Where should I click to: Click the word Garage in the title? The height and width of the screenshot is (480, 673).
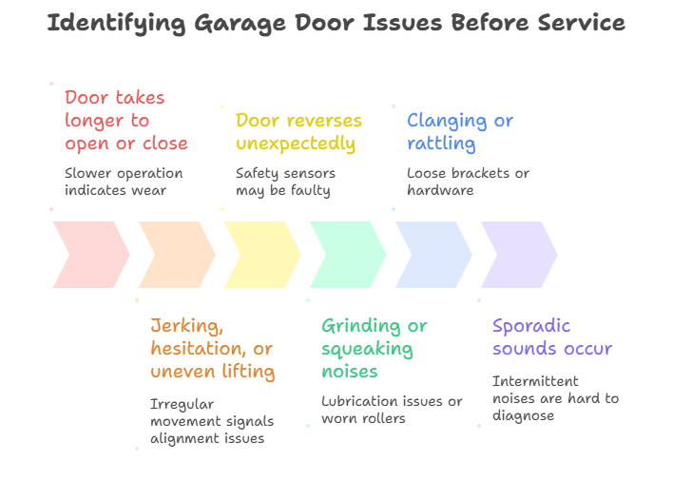240,24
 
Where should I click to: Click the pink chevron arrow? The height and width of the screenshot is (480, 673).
91,255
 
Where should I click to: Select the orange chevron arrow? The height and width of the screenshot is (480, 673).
177,255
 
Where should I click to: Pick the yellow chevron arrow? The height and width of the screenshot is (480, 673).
262,255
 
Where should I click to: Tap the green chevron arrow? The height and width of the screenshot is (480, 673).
348,255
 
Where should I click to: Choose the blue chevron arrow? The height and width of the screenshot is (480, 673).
433,255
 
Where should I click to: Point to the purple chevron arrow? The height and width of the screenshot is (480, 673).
519,255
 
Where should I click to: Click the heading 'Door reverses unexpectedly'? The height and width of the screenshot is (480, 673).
298,132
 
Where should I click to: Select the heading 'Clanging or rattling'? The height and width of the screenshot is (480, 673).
460,132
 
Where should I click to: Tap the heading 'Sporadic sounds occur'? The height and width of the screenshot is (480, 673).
552,337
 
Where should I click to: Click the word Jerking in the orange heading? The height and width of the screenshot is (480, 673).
186,326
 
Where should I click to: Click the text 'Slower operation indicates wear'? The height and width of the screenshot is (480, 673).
124,182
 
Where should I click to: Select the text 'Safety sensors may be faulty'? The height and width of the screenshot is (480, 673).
285,182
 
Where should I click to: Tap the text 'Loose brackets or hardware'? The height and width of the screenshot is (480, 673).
468,182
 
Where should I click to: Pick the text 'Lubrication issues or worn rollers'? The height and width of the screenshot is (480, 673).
392,410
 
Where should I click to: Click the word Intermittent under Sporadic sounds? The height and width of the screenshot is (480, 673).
535,381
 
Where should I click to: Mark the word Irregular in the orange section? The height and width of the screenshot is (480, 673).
182,405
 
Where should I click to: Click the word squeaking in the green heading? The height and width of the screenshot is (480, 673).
367,349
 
